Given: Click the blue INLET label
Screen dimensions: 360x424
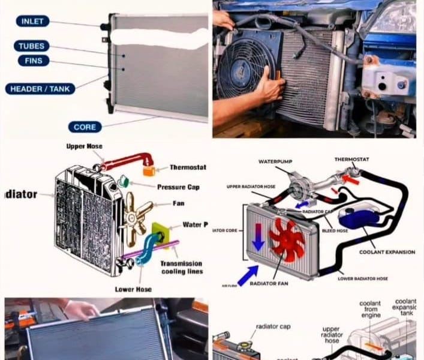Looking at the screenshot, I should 32,22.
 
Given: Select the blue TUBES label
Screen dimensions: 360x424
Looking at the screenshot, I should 32,46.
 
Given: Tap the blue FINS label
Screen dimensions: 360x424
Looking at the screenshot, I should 34,61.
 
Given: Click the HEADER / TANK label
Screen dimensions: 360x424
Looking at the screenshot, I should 40,89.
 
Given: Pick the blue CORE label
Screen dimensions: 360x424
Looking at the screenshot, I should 85,127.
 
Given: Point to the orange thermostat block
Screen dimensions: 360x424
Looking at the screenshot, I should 149,171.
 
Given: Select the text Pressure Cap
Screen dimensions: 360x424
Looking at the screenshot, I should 179,187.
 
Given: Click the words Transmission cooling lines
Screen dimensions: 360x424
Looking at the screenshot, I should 181,267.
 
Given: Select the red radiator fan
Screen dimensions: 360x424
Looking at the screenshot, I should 287,239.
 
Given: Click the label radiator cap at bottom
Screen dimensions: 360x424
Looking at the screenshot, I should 273,327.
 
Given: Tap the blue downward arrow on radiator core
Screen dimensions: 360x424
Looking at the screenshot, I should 259,236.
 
